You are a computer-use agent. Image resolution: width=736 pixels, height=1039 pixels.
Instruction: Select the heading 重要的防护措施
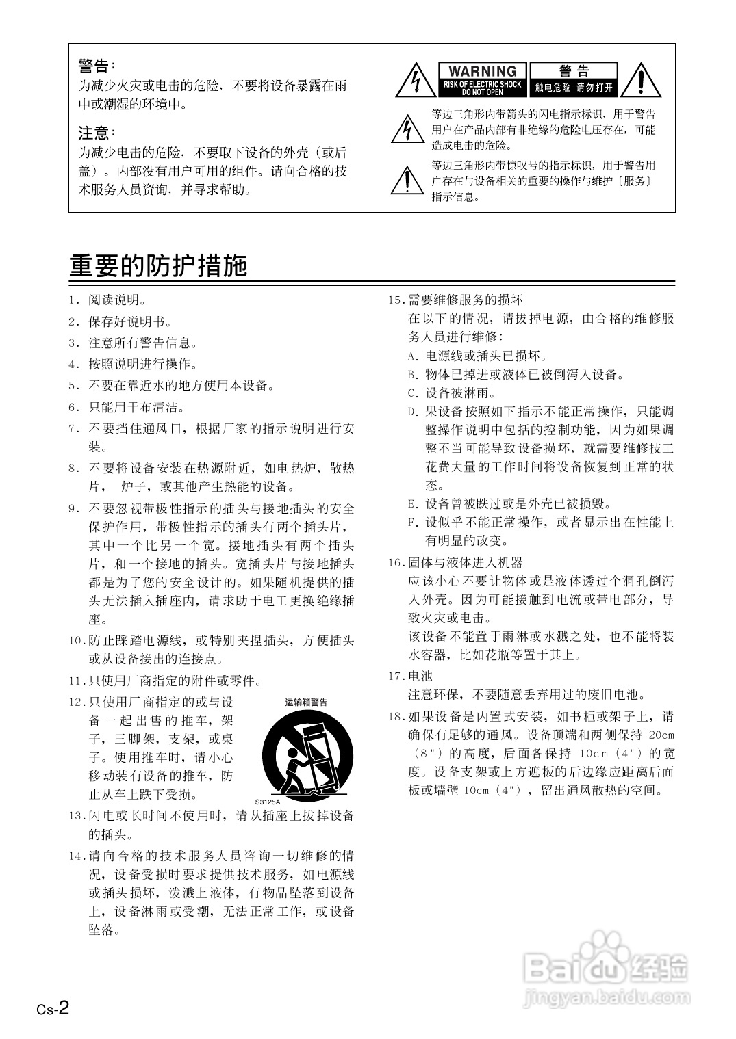pyautogui.click(x=158, y=265)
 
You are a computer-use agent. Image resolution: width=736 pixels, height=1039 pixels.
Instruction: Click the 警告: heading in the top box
pyautogui.click(x=97, y=66)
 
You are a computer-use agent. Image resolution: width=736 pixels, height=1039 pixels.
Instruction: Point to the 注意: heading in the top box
pyautogui.click(x=97, y=132)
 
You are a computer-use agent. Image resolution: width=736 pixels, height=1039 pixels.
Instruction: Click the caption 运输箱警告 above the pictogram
pyautogui.click(x=306, y=702)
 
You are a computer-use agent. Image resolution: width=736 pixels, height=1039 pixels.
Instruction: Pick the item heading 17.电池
pyautogui.click(x=411, y=676)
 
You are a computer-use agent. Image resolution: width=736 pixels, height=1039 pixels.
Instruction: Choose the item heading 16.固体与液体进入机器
pyautogui.click(x=455, y=562)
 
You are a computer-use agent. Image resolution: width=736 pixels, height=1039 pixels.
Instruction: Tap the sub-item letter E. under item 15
pyautogui.click(x=412, y=504)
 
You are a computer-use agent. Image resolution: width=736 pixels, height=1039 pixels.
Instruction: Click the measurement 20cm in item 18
pyautogui.click(x=661, y=735)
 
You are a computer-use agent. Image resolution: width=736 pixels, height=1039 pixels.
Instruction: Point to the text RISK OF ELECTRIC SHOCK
pyautogui.click(x=483, y=84)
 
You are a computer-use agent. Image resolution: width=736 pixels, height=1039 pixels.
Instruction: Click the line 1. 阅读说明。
pyautogui.click(x=108, y=300)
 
